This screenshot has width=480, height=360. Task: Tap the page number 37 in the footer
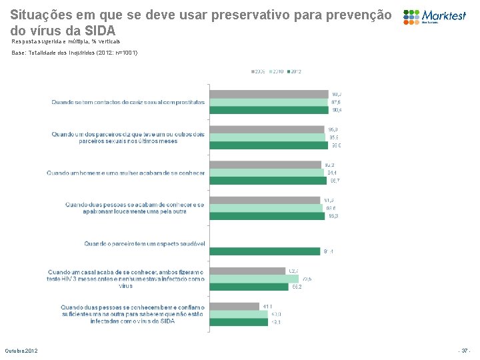coord(465,351)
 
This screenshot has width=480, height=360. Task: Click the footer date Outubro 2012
coord(21,351)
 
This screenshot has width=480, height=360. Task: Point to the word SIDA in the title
coord(99,31)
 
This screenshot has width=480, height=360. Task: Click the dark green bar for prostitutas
coord(269,110)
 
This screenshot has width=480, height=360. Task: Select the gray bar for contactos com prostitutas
coord(269,94)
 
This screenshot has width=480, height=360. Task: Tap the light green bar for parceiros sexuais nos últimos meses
coord(267,137)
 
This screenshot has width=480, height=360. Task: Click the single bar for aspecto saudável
coord(265,251)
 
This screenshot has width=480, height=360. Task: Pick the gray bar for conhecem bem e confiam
coord(235,306)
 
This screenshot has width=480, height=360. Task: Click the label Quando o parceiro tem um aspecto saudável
coord(144,244)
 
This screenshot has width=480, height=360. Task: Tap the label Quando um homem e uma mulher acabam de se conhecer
coord(125,173)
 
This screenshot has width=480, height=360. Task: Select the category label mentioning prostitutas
coord(129,102)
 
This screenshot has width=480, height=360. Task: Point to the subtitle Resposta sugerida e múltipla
coord(66,41)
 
